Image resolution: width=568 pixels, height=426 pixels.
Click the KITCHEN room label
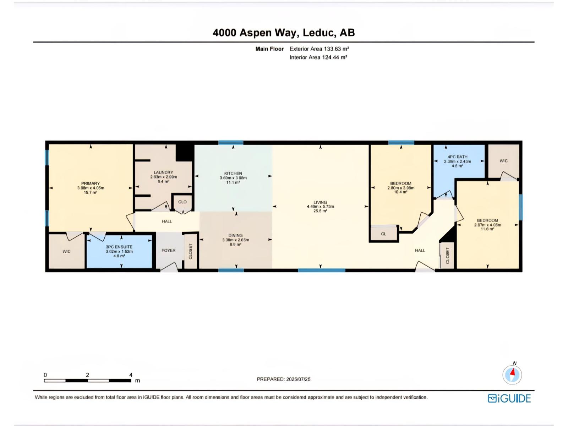[233, 173]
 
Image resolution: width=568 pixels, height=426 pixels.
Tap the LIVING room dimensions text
[320, 207]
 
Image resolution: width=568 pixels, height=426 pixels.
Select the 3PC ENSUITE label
[119, 247]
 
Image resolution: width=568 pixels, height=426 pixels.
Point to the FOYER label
[168, 250]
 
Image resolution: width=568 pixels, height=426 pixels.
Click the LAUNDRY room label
[163, 172]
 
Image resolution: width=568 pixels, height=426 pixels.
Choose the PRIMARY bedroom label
[91, 184]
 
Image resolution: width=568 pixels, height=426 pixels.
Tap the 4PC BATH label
[457, 157]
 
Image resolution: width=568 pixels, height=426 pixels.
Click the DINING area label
[235, 235]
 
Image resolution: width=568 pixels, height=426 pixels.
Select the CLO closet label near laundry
[182, 202]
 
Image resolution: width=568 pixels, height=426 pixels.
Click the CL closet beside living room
[383, 234]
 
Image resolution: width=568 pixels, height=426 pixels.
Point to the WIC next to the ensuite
[66, 251]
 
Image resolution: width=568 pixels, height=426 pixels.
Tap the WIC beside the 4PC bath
[503, 161]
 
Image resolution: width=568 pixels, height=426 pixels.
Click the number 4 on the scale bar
[131, 375]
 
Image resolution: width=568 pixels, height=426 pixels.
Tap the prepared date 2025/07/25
[298, 379]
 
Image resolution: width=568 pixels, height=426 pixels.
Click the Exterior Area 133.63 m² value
[336, 49]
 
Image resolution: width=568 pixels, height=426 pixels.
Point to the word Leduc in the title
[318, 33]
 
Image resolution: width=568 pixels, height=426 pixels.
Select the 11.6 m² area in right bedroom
[487, 229]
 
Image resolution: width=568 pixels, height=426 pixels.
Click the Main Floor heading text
[269, 49]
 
